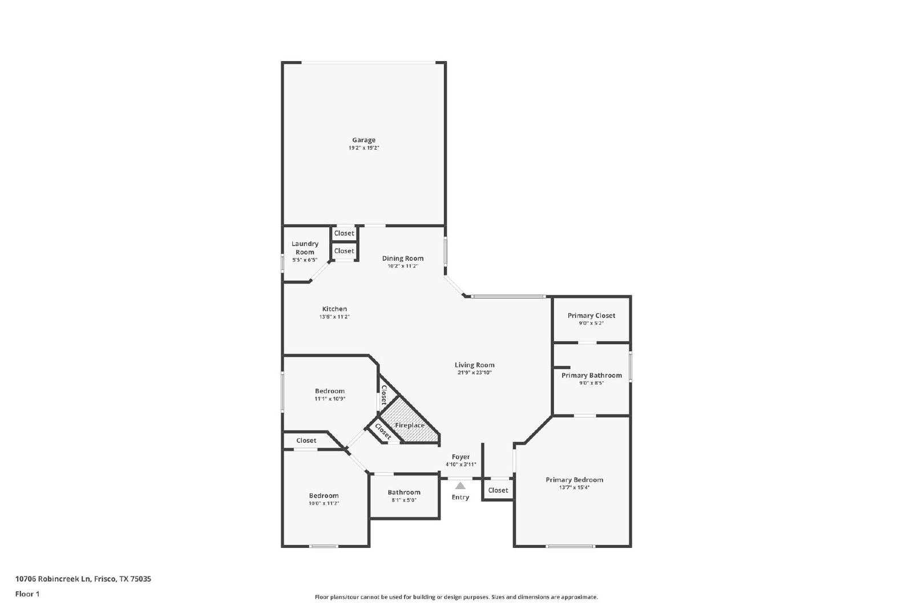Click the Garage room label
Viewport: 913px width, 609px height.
tap(363, 140)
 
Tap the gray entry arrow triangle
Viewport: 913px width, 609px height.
tap(460, 486)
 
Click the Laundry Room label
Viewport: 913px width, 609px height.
tap(305, 248)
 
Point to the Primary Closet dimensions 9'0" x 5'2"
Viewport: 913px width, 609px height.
tap(591, 323)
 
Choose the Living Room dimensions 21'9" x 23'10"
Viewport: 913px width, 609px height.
tap(474, 373)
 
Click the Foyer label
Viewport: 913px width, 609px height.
tap(460, 457)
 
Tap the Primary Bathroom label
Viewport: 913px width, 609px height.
tap(591, 375)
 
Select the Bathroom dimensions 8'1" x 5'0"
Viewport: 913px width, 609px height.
tap(404, 500)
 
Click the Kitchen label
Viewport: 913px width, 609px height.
tap(334, 309)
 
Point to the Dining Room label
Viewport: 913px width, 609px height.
tap(403, 259)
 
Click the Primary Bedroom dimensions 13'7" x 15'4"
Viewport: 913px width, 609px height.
tap(574, 487)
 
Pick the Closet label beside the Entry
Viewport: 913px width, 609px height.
tap(498, 490)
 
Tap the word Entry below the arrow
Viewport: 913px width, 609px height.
tap(460, 497)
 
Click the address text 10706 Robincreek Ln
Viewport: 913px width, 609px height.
tap(52, 579)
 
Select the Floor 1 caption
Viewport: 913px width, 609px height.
tap(27, 594)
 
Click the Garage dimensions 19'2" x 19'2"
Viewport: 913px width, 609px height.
tap(363, 148)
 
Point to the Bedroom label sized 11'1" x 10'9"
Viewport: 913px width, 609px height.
tap(330, 391)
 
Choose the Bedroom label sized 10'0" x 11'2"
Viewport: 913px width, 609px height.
tap(324, 495)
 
